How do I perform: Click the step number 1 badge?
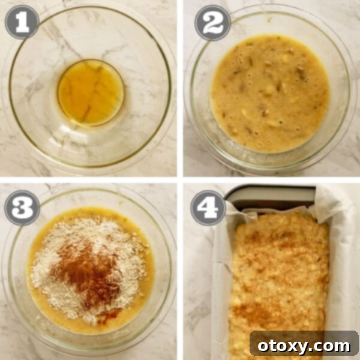[22, 22]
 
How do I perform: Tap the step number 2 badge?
[212, 22]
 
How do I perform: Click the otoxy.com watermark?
[304, 345]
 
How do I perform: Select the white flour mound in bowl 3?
[54, 264]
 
